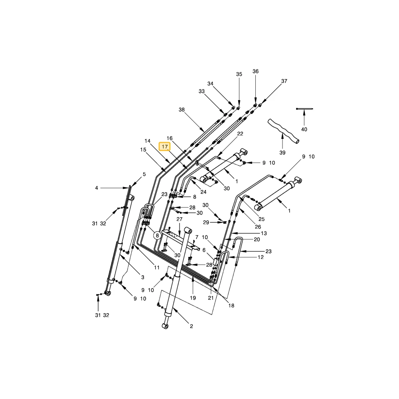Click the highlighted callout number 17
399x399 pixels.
(165, 146)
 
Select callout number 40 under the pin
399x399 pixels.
(304, 130)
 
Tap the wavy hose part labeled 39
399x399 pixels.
(283, 130)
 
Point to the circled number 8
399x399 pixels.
(157, 236)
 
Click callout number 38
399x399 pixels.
(182, 110)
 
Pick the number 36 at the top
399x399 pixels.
(255, 71)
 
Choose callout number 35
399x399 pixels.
(239, 74)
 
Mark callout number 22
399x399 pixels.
(240, 134)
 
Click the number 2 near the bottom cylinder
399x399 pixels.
(192, 326)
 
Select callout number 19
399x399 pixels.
(193, 298)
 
